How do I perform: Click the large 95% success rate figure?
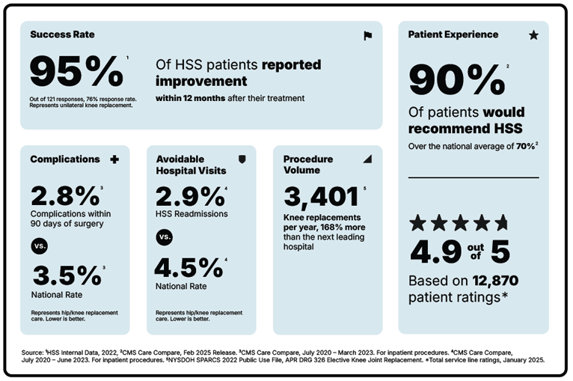(x=76, y=73)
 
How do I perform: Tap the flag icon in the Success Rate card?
(x=367, y=35)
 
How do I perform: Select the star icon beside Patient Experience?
(x=533, y=35)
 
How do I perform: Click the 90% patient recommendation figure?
(x=456, y=80)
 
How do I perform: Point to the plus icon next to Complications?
(x=114, y=159)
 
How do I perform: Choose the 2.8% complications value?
(x=64, y=196)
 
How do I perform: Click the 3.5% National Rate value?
(x=66, y=275)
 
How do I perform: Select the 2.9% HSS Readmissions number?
(x=189, y=196)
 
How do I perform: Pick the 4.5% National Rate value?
(x=188, y=268)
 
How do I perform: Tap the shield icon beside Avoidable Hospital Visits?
(x=242, y=159)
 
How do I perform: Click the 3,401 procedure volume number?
(x=321, y=197)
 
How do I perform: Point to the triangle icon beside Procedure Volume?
(x=367, y=159)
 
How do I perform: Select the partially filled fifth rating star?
(x=500, y=222)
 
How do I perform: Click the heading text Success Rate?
(x=62, y=34)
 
